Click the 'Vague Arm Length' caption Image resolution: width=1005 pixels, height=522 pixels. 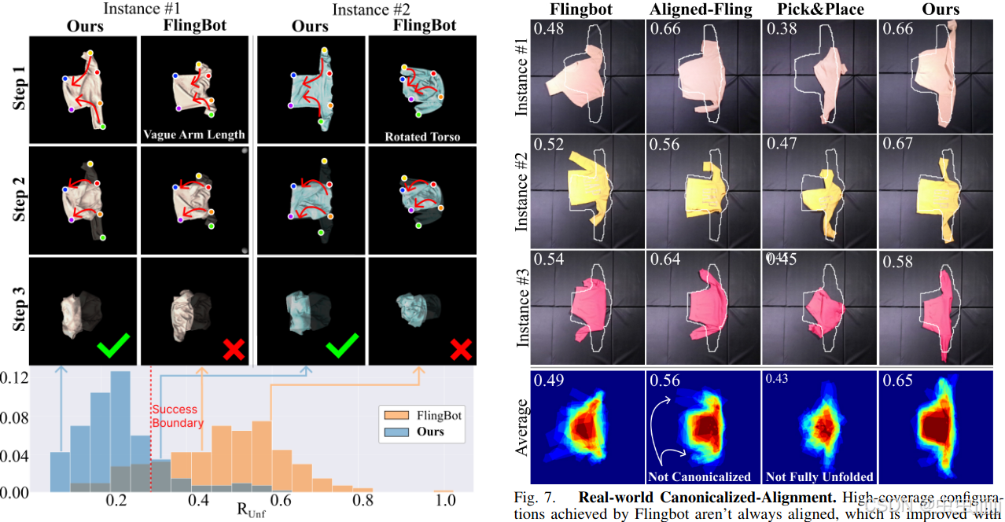coord(194,134)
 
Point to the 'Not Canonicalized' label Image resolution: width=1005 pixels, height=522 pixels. coord(699,476)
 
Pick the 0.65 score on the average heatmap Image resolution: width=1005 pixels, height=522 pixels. coord(897,381)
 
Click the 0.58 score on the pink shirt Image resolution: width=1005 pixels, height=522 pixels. coord(897,260)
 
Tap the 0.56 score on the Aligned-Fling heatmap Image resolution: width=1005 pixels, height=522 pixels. coord(664,381)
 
